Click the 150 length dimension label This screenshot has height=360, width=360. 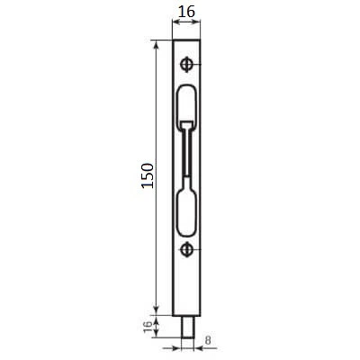coord(148,175)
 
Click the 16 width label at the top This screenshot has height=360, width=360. coord(186,12)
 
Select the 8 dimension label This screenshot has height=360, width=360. coord(208,340)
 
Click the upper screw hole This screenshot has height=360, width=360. coord(186,64)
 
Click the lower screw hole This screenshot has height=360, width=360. coord(186,249)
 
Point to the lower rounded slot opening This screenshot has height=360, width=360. coord(186,213)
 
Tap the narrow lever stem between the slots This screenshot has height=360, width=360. coord(186,152)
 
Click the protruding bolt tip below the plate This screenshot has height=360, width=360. coord(188,327)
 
